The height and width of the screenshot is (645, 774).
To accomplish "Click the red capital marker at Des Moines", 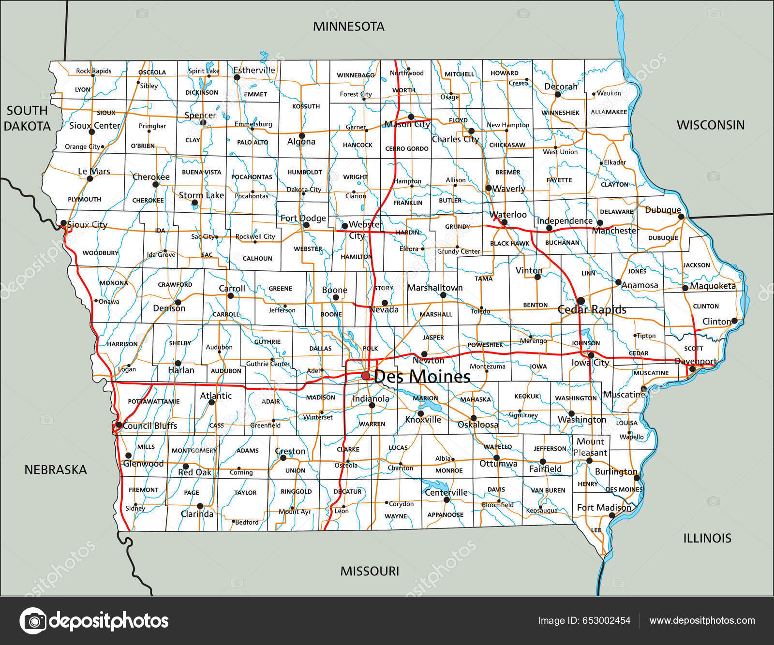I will coord(366,376).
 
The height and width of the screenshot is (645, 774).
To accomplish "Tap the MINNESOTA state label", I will coord(348,27).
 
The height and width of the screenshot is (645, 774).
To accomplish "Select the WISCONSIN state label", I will coord(710,125).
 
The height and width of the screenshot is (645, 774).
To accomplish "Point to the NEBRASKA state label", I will coord(56,470).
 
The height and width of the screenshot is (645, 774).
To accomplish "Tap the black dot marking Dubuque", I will coord(681,217).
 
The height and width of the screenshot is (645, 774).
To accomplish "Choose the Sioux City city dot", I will coord(63,223).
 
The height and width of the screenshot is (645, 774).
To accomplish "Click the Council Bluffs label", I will coord(150,426).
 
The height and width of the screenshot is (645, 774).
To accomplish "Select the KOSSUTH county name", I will coord(306,106).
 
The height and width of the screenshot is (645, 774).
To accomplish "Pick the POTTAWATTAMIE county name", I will coord(153,402).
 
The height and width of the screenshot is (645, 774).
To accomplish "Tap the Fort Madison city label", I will coord(604,508).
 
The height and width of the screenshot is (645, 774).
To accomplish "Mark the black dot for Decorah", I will coord(557,94).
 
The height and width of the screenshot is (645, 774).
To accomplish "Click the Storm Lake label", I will coord(201,195).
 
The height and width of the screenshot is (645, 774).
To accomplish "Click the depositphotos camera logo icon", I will coord(33,621).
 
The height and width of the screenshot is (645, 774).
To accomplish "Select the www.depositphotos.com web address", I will coord(702,621).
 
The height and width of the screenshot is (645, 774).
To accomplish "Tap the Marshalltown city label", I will coord(435,288).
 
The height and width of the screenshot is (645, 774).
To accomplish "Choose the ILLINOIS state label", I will coord(707,538).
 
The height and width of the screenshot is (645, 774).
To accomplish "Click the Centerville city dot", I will coord(447,499).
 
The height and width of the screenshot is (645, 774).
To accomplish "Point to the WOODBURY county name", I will coord(100,253).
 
